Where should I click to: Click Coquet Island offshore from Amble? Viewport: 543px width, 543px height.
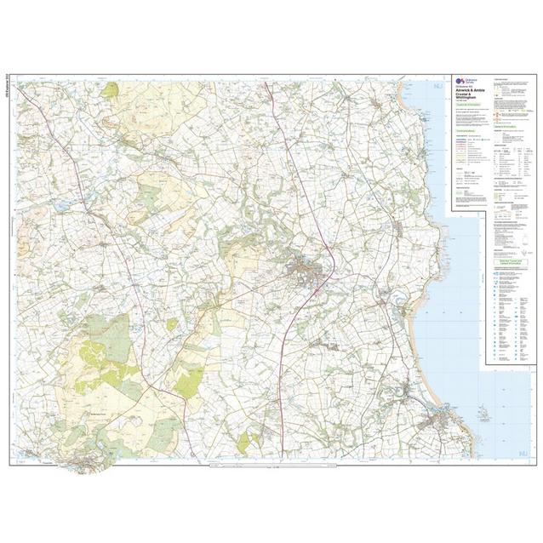[483, 416]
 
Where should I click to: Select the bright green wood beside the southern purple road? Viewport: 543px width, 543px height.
[189, 380]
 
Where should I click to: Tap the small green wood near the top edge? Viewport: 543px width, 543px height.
[111, 89]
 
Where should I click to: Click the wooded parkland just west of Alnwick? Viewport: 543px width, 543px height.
[243, 251]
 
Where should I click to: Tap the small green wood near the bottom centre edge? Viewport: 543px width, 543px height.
[245, 441]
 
